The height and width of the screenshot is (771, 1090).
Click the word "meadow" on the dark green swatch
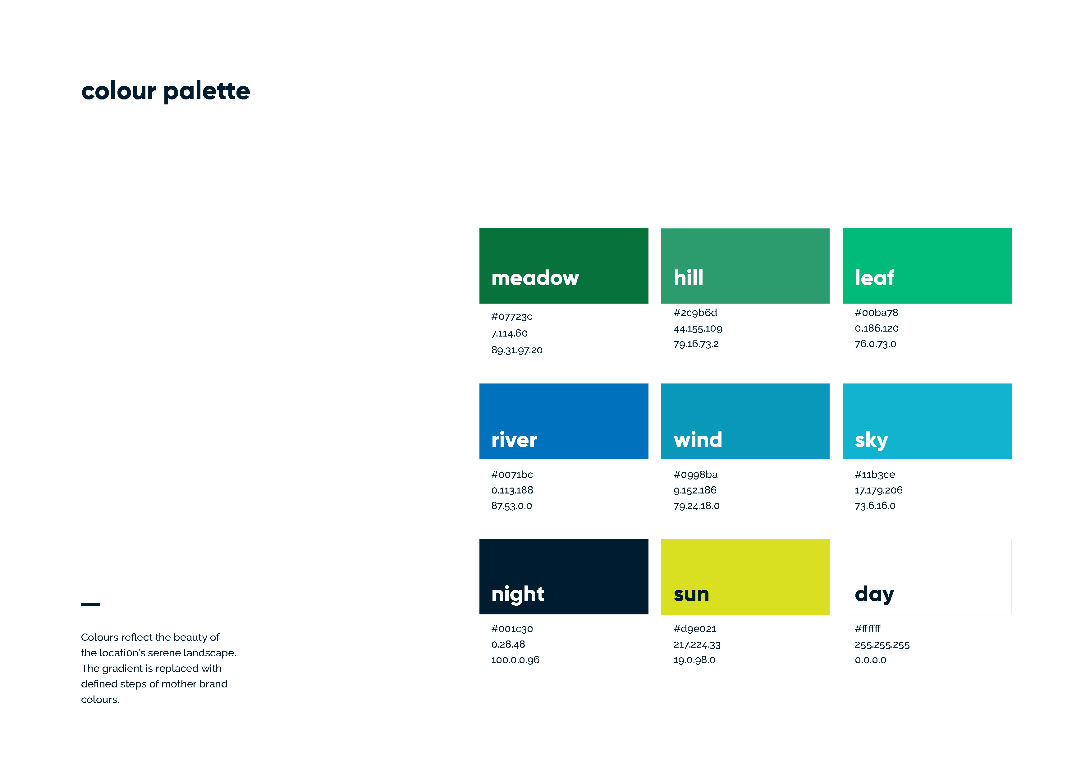point(535,278)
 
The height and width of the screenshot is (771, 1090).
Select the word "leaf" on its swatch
point(874,277)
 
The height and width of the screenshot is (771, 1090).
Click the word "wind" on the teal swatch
point(698,440)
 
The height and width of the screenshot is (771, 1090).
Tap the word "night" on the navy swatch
point(517,595)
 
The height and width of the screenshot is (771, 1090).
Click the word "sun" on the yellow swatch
point(691,595)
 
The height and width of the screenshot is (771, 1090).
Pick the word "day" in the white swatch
point(874,595)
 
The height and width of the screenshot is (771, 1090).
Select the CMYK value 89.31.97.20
point(516,350)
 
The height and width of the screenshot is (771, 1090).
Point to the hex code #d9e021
point(694,629)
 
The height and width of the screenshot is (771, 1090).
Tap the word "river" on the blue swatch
point(514,440)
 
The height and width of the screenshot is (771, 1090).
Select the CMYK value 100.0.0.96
point(515,660)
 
